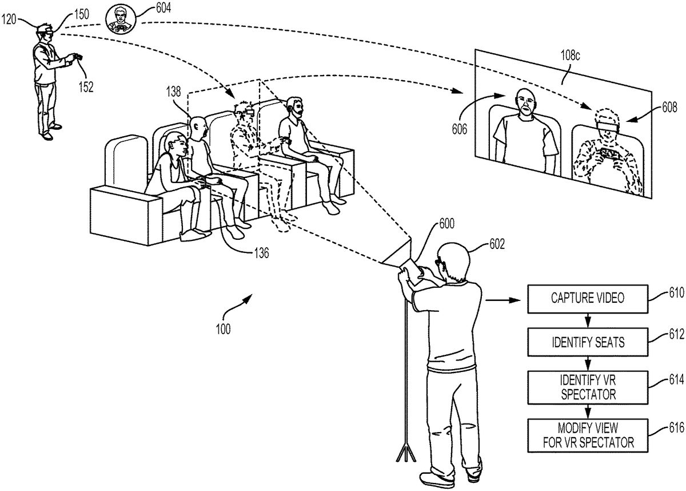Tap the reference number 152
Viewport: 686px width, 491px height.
87,87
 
